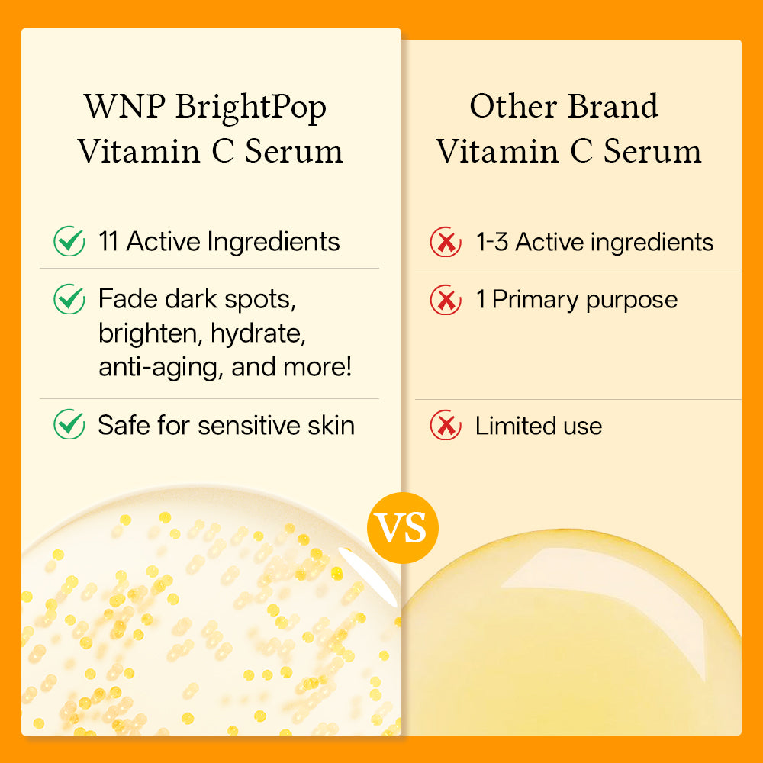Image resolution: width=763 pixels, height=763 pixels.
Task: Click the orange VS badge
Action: point(403,527)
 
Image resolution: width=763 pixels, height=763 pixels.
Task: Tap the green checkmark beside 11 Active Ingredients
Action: point(69,242)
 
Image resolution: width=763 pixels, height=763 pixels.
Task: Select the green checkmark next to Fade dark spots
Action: point(69,299)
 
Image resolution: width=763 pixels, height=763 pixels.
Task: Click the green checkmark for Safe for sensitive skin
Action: point(69,425)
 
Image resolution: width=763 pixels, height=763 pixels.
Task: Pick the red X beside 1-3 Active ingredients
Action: point(446,243)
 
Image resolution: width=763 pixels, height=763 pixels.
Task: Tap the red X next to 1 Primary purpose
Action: point(446,300)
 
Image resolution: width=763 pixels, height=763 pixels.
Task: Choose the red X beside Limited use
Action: point(446,426)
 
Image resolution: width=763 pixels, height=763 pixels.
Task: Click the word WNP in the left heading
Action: point(123,107)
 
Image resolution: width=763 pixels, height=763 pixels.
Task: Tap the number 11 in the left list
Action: point(108,242)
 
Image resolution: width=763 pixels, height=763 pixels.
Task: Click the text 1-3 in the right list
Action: point(492,243)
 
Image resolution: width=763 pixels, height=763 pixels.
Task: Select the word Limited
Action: point(516,426)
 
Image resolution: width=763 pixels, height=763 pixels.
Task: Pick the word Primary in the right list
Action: point(534,300)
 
